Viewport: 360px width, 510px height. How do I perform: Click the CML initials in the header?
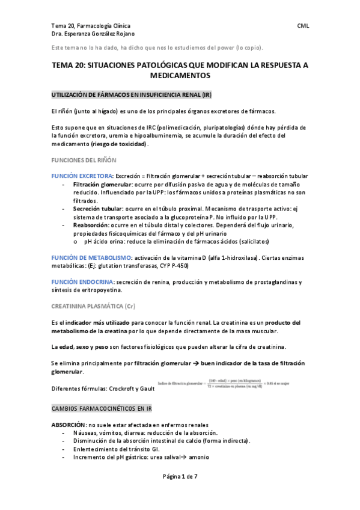click(303, 26)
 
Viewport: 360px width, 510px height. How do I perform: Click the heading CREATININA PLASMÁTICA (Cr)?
click(93, 306)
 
